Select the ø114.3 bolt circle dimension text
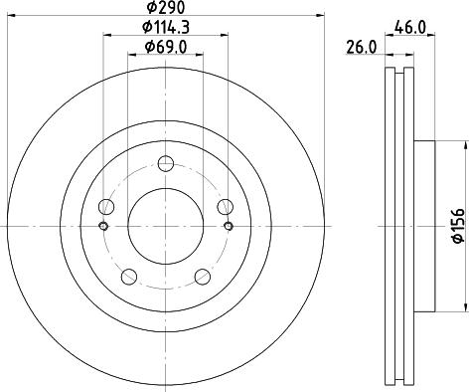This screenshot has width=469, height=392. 166,27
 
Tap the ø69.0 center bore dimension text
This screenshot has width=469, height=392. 166,47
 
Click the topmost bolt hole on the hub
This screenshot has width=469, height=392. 166,165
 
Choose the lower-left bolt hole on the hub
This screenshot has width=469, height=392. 129,277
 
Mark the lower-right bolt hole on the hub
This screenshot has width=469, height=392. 203,277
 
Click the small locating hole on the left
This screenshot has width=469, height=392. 103,227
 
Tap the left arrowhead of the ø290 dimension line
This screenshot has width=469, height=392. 11,17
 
